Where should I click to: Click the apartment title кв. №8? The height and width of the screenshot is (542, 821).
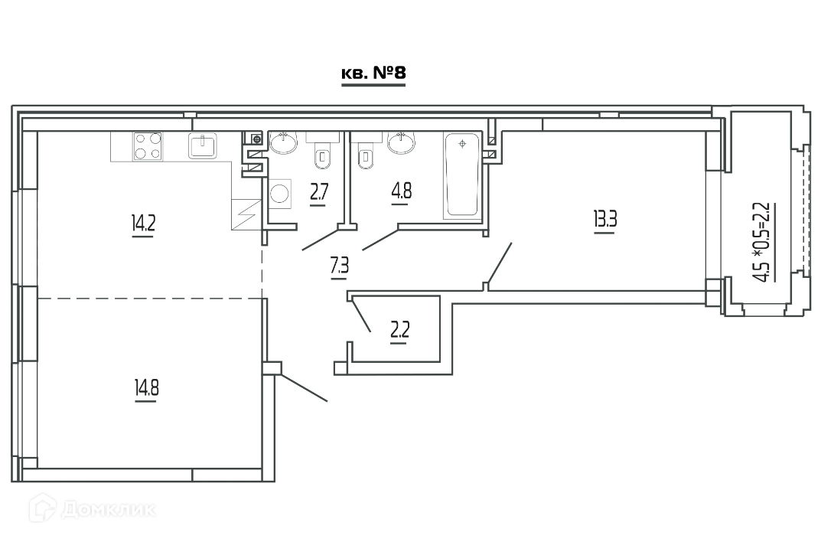(x=373, y=73)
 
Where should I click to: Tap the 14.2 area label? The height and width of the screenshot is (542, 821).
(x=144, y=224)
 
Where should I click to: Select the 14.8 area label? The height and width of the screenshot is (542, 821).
(x=147, y=388)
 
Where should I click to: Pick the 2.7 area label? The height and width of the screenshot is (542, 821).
(x=319, y=192)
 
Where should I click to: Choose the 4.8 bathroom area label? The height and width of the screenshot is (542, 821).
(x=401, y=191)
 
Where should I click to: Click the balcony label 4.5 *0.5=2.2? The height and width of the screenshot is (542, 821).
(x=764, y=242)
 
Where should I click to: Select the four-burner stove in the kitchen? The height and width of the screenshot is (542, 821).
(x=148, y=146)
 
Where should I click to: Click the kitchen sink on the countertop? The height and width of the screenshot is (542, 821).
(x=203, y=145)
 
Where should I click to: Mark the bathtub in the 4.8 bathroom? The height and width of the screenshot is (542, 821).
(x=461, y=175)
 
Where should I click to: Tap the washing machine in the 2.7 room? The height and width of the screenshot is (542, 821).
(x=280, y=193)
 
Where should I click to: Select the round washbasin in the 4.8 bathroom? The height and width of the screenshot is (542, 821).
(x=402, y=142)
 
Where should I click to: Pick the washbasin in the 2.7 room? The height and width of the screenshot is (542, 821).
(x=283, y=142)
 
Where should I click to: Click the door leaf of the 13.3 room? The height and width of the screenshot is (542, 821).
(x=499, y=263)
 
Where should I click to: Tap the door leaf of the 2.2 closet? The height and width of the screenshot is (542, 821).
(x=362, y=314)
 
